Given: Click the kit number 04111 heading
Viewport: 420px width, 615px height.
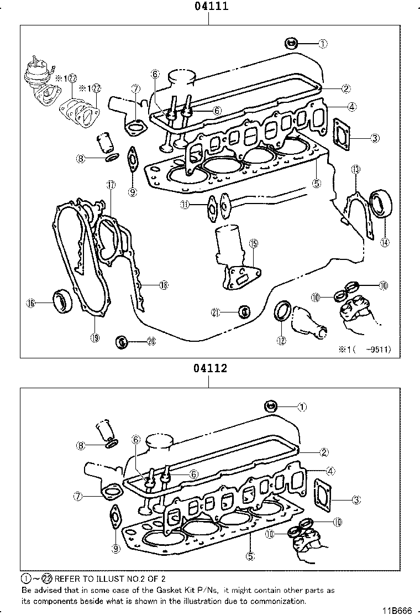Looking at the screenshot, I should (211, 7).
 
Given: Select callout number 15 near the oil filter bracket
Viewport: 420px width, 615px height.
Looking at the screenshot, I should (253, 243).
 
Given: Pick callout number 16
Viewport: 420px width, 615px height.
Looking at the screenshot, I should (31, 303).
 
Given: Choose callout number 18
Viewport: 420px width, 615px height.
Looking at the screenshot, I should (163, 285).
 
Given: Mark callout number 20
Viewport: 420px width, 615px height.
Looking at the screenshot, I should (150, 342).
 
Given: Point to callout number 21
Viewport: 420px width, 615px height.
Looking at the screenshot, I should (216, 312).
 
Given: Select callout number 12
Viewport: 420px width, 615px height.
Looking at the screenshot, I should (281, 341).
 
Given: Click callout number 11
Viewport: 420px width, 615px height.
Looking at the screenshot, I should (185, 205).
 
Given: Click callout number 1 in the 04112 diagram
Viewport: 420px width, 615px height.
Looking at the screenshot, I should (302, 407).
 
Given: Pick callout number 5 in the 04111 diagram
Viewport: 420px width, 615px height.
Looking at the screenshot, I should (317, 183).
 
